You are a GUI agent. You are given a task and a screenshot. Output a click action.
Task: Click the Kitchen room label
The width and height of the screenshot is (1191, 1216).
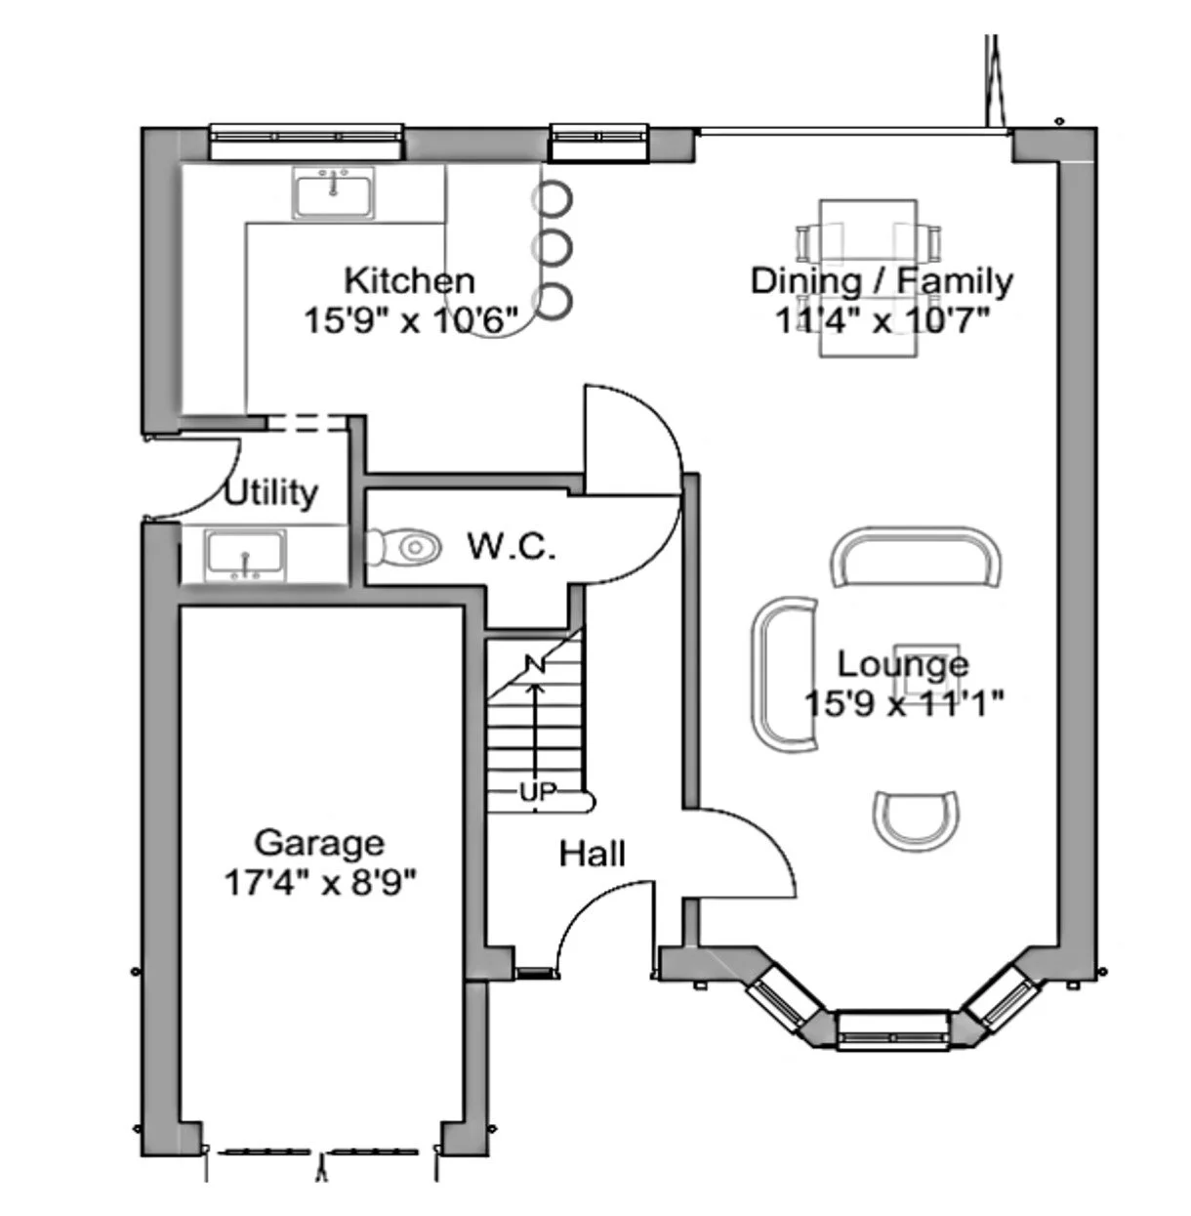point(409,280)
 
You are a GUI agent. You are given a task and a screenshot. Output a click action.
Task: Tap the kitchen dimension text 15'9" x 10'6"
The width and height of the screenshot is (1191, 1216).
point(409,319)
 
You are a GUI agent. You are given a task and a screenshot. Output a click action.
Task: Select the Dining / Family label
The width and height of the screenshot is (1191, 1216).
point(881,280)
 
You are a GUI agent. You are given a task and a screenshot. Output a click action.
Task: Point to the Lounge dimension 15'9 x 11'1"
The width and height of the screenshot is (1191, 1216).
point(904,702)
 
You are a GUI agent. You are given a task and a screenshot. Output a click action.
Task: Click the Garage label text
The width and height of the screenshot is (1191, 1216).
point(319,842)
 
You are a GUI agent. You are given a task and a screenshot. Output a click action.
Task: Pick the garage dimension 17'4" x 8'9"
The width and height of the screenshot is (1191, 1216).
point(320,883)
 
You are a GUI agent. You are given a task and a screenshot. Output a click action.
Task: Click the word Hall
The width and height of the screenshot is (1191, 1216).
point(592,854)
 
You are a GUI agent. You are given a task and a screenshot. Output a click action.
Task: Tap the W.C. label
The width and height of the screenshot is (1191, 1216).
point(511,546)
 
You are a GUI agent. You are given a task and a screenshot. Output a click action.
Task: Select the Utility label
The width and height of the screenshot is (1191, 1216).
point(270,492)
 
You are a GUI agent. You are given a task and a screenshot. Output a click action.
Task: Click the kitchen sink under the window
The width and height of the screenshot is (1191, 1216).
point(334,192)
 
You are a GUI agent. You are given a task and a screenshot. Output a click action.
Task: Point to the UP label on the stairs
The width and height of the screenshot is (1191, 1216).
point(535,792)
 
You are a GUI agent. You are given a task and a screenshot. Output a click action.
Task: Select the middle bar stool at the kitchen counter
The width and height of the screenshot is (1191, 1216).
point(553,247)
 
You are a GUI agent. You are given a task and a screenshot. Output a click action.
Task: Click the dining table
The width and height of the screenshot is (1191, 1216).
point(868,278)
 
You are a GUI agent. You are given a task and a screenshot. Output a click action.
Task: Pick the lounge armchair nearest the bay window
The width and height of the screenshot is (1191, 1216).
point(915,817)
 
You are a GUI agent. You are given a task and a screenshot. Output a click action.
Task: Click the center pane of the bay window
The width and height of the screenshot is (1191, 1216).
point(892,1029)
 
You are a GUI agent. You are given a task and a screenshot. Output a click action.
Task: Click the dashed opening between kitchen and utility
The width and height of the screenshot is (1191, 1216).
point(308,422)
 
